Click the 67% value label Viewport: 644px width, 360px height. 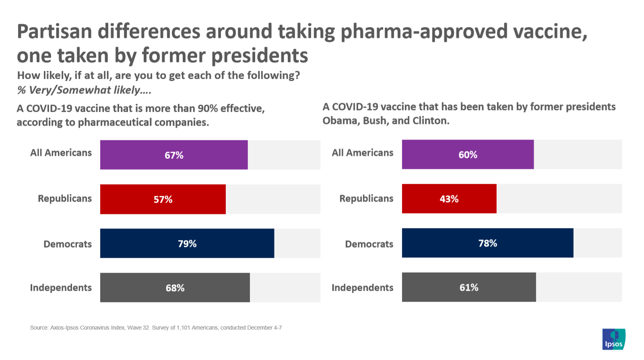[174, 155]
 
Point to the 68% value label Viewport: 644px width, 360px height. [175, 288]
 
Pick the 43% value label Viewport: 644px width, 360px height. [449, 199]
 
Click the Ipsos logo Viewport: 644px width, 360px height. [613, 339]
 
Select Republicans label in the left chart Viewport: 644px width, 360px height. [65, 199]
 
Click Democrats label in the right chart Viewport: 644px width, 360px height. [369, 244]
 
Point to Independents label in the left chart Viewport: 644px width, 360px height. [61, 288]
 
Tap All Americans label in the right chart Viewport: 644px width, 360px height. [362, 153]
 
